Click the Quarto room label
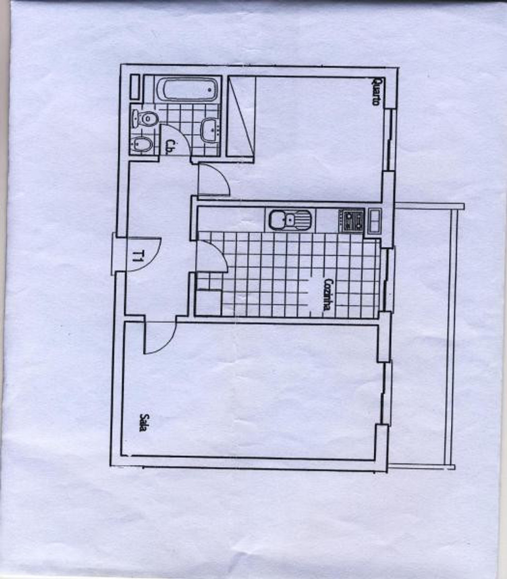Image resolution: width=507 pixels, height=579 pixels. click(x=377, y=91)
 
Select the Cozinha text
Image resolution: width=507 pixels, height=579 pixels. click(x=328, y=294)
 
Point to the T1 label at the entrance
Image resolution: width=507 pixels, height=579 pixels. click(x=138, y=255)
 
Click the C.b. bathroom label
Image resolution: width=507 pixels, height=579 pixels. click(x=170, y=146)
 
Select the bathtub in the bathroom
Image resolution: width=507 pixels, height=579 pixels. click(x=187, y=89)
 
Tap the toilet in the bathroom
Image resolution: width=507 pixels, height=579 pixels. click(x=144, y=119)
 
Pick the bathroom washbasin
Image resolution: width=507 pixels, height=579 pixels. click(x=210, y=129)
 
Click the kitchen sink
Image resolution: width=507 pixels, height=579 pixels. click(x=290, y=220)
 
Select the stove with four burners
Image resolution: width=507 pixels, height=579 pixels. click(x=351, y=220)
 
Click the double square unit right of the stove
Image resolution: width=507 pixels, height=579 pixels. click(x=374, y=221)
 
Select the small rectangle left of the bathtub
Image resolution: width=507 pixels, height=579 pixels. click(x=135, y=87)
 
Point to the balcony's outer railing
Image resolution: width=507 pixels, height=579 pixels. click(x=449, y=336)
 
